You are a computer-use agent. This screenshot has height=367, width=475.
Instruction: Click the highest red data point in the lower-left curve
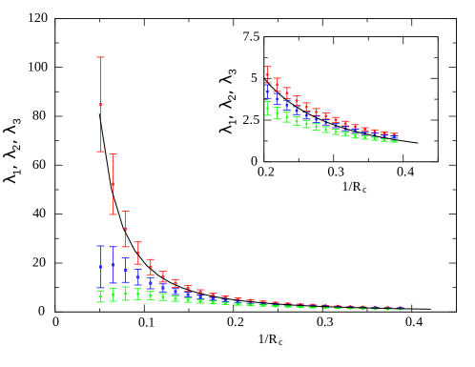[x=100, y=104]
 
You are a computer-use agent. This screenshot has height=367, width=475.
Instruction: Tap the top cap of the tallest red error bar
[x=100, y=57]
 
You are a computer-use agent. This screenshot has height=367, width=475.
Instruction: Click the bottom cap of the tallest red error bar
[x=100, y=151]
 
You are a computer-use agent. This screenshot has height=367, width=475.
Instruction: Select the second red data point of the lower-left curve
[x=113, y=184]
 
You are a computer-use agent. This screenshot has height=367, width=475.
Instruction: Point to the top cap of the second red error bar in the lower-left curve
[x=113, y=154]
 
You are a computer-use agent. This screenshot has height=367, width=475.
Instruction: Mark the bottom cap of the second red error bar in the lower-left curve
[x=113, y=214]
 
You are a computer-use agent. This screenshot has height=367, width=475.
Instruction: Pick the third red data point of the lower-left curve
[x=125, y=229]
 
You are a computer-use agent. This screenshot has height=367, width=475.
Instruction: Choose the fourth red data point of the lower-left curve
[x=137, y=253]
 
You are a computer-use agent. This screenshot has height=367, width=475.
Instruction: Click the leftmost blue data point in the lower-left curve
[x=100, y=267]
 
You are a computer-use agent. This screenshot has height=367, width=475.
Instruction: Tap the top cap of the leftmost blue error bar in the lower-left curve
[x=100, y=246]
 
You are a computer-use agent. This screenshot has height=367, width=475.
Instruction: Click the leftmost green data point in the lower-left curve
[x=100, y=296]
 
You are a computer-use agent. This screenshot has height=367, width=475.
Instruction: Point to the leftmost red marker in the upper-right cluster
[x=268, y=77]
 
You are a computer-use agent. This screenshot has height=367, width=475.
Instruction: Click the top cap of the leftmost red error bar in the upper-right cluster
[x=268, y=67]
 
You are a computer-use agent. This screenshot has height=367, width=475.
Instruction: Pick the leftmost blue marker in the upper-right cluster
[x=268, y=92]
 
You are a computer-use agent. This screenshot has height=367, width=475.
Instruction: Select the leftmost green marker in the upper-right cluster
[x=268, y=108]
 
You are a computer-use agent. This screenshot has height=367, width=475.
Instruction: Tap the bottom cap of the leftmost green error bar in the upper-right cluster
[x=268, y=115]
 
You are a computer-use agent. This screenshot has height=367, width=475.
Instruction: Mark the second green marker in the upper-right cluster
[x=277, y=112]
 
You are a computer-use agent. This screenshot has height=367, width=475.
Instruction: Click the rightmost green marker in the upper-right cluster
[x=394, y=141]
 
